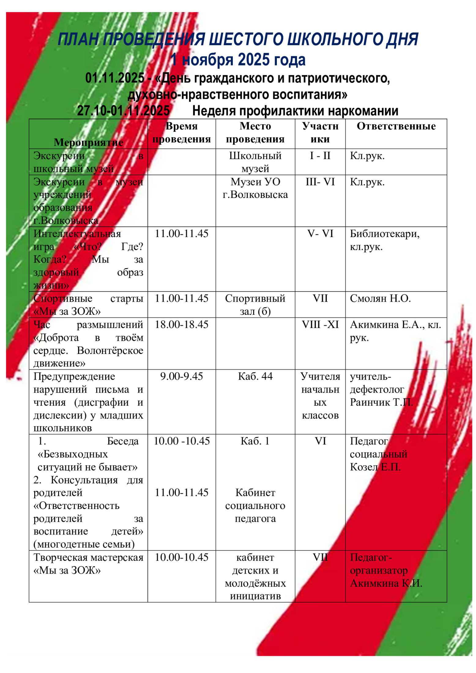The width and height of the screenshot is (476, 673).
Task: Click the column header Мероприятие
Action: click(89, 143)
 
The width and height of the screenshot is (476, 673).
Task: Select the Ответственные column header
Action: click(396, 126)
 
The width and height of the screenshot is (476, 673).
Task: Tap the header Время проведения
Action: click(182, 133)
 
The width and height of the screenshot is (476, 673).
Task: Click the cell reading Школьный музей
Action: click(255, 162)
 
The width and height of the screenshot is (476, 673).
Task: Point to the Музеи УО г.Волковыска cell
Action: click(255, 188)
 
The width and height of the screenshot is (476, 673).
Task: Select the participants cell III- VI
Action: click(320, 182)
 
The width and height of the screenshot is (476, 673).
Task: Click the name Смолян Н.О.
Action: click(380, 299)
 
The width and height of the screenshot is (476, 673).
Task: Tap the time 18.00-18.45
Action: click(182, 325)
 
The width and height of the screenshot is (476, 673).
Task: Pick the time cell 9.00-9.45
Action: click(182, 377)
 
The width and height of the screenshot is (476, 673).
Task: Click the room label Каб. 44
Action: click(255, 377)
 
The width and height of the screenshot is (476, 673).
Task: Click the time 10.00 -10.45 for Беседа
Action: click(182, 441)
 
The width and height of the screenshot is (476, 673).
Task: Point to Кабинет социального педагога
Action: click(255, 506)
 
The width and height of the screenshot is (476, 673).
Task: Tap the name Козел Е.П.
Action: click(375, 467)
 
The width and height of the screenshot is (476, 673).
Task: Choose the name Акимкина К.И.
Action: click(386, 583)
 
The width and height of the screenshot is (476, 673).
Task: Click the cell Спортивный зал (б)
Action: click(255, 305)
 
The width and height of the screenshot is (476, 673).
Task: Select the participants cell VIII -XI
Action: click(320, 325)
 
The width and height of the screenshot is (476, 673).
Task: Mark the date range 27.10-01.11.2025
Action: click(123, 111)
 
